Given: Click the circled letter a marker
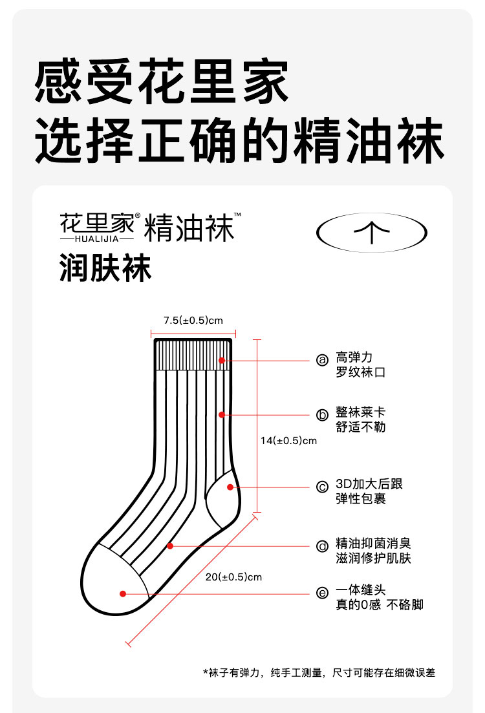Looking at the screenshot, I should pyautogui.click(x=322, y=360).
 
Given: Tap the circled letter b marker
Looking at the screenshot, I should pyautogui.click(x=322, y=415).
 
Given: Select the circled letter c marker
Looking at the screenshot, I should pyautogui.click(x=322, y=487).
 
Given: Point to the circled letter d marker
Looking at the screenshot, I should pyautogui.click(x=322, y=546).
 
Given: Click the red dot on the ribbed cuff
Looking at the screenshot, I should pyautogui.click(x=221, y=360).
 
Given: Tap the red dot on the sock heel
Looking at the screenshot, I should pyautogui.click(x=229, y=487).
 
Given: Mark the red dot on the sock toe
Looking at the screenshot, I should pyautogui.click(x=122, y=593).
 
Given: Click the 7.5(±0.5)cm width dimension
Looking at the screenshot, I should pyautogui.click(x=193, y=320).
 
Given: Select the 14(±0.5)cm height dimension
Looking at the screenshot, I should pyautogui.click(x=288, y=441).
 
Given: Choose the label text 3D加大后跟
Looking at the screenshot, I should pyautogui.click(x=369, y=484).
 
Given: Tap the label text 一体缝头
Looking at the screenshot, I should pyautogui.click(x=361, y=590).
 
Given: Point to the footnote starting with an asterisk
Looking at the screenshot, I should pyautogui.click(x=319, y=672).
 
